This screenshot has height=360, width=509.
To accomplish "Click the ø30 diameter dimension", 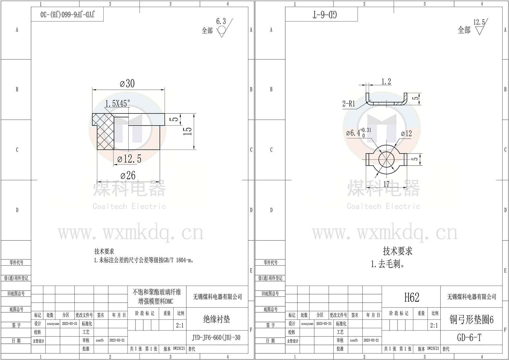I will (127, 84).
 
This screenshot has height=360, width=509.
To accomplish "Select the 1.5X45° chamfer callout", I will (118, 104).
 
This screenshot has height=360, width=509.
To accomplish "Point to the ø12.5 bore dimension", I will (129, 159).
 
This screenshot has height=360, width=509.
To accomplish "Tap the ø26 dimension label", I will (128, 175).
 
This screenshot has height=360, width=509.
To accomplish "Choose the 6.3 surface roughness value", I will (221, 21).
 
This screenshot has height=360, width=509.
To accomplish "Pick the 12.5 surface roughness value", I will (479, 22).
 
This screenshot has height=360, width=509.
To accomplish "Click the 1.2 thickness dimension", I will (386, 82).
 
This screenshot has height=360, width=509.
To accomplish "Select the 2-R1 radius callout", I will (349, 104).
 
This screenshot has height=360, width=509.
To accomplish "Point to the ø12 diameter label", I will (406, 134).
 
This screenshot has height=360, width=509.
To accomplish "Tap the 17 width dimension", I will (386, 184).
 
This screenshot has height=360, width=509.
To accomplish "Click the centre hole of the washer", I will (386, 159).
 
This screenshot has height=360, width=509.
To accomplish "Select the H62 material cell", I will (411, 297).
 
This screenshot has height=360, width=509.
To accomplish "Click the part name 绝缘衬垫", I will (216, 319).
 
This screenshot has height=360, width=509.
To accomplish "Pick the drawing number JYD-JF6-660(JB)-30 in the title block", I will (216, 338).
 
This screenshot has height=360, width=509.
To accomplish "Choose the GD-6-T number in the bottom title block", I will (469, 338).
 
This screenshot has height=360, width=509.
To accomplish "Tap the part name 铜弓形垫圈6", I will (471, 320).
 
